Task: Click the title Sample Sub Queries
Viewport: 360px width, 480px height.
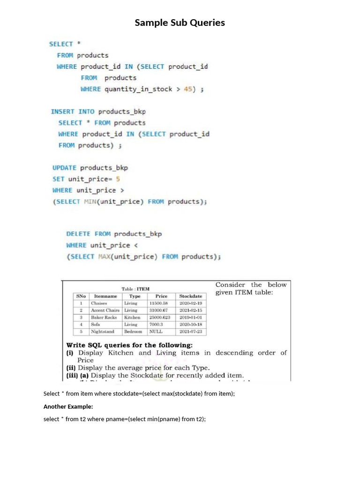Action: click(180, 22)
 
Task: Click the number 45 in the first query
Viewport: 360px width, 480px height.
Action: click(189, 89)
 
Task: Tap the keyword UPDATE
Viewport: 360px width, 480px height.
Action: click(64, 168)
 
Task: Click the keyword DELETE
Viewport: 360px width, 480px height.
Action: click(78, 234)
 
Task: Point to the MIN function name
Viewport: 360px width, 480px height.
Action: click(90, 202)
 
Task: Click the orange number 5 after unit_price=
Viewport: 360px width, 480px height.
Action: click(118, 179)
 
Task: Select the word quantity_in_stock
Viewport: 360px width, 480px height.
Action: click(138, 89)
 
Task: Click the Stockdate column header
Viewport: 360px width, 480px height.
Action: click(191, 296)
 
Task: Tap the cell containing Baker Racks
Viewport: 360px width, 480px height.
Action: click(104, 317)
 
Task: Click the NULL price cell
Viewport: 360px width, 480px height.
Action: click(156, 331)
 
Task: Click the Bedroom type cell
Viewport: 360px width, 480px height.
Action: click(133, 331)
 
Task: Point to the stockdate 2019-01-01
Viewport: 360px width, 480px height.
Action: click(191, 317)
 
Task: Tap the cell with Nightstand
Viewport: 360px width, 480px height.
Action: click(103, 331)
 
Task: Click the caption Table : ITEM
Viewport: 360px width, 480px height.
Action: click(135, 289)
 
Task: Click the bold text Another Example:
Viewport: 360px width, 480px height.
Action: click(68, 406)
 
